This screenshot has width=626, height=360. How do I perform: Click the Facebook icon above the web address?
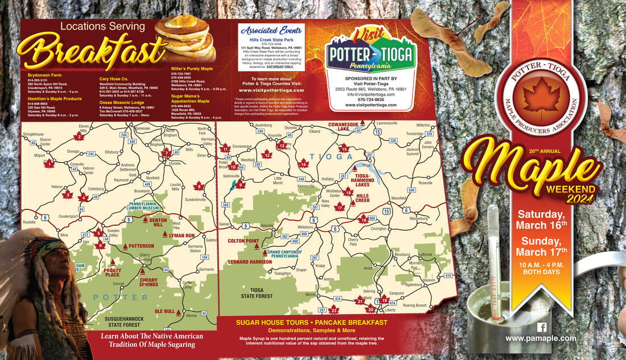[542, 327]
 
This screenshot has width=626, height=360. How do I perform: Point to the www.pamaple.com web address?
[541, 338]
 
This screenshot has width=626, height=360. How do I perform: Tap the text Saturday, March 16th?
[541, 219]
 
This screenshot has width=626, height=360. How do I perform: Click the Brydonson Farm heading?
[34, 75]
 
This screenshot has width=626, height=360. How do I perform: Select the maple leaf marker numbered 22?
[333, 309]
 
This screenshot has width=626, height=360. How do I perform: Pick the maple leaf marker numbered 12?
[266, 154]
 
